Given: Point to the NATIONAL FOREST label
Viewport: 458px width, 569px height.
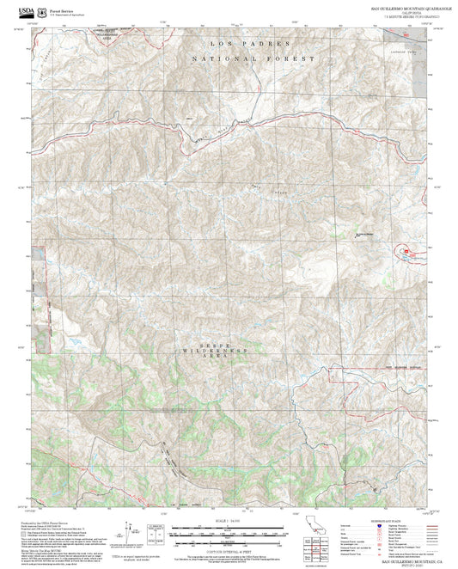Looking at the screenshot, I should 253,58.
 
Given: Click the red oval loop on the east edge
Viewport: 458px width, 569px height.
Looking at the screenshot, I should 404,252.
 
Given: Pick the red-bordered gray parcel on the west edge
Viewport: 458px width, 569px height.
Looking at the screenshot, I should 38,263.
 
